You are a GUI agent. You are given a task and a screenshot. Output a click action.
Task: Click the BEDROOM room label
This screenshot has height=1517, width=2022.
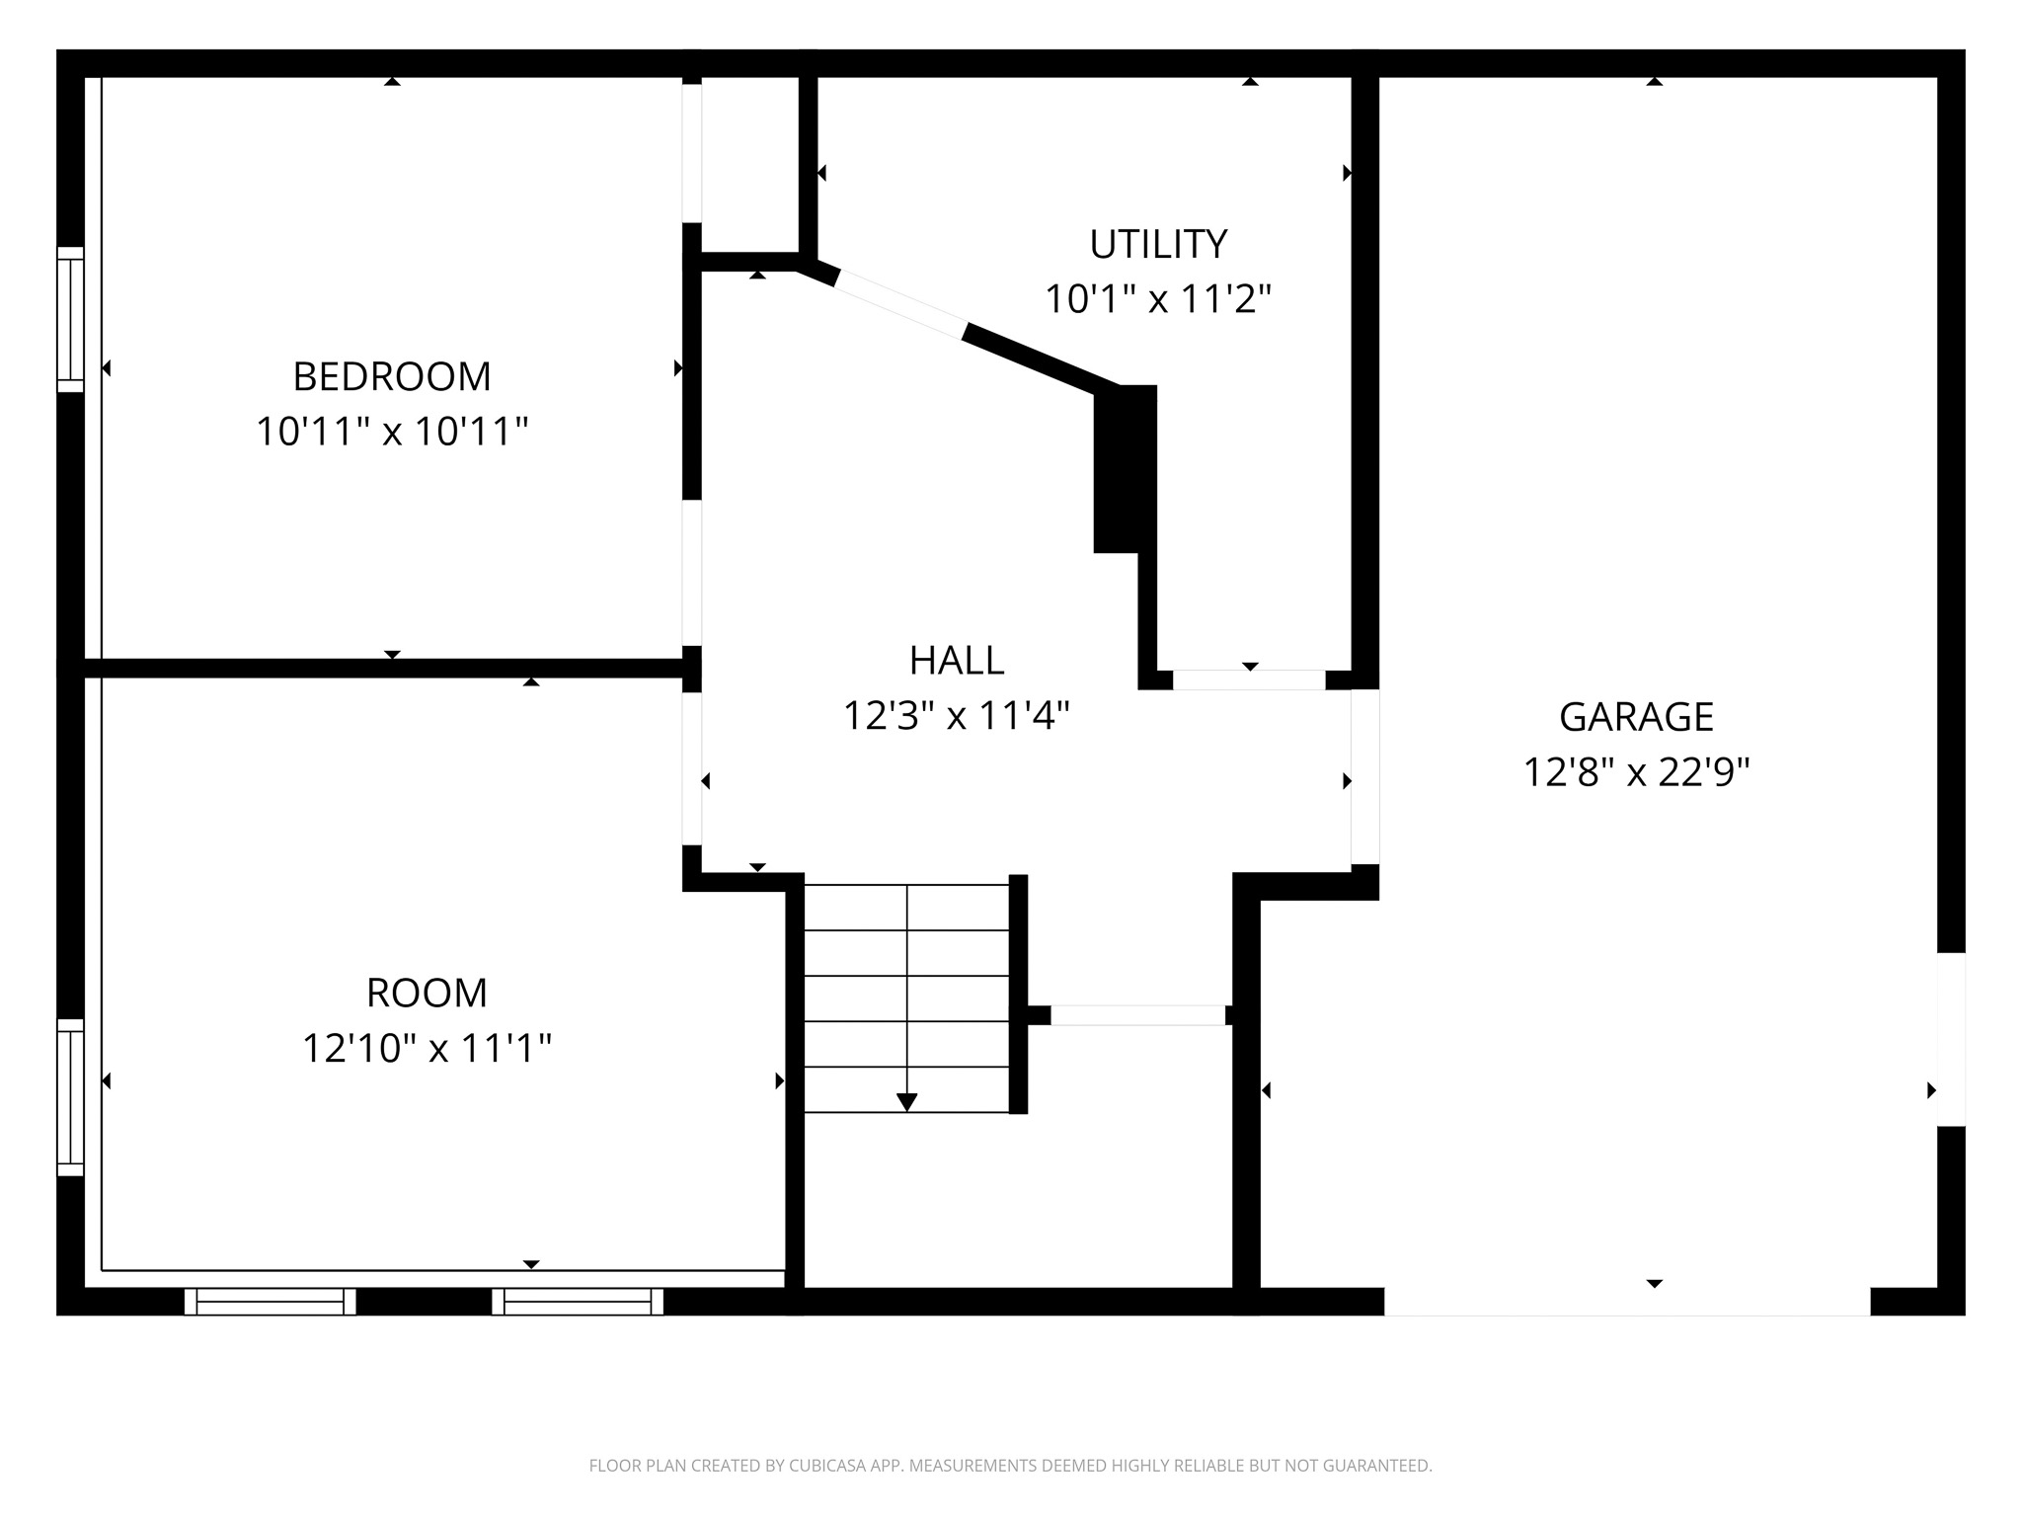392,376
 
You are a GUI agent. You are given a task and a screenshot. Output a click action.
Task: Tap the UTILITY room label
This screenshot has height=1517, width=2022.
1158,243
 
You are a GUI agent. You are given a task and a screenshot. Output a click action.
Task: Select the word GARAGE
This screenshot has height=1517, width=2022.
1636,716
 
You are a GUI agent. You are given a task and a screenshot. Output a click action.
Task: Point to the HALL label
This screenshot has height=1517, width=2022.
956,661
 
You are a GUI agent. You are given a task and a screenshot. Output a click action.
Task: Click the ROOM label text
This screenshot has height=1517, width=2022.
427,993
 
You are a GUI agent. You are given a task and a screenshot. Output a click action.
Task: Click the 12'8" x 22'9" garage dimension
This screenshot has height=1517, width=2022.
1636,772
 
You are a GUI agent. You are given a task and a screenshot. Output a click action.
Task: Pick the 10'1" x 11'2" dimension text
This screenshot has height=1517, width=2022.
1158,298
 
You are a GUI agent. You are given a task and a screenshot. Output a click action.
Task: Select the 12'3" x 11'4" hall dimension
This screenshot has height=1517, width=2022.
956,716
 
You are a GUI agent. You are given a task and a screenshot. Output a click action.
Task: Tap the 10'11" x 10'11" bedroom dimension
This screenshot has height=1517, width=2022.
392,432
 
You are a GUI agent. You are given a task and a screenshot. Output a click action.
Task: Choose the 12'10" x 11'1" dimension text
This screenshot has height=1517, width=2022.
427,1048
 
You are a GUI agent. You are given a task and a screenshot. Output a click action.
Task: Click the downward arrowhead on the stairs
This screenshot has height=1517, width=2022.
906,1101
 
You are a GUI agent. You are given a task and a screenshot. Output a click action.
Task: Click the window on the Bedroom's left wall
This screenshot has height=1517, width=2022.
70,319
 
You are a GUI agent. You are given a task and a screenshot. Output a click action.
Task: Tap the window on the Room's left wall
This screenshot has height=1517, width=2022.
70,1096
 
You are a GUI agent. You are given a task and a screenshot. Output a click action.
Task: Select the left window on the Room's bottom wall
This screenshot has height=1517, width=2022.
270,1302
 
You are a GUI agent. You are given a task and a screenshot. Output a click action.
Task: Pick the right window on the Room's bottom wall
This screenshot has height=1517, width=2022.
578,1302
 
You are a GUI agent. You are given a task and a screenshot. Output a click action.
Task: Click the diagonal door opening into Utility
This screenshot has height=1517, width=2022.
900,303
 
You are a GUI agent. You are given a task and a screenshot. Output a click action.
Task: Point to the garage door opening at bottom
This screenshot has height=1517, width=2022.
1627,1302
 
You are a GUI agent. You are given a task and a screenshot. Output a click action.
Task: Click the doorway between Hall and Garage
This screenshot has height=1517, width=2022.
1364,776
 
